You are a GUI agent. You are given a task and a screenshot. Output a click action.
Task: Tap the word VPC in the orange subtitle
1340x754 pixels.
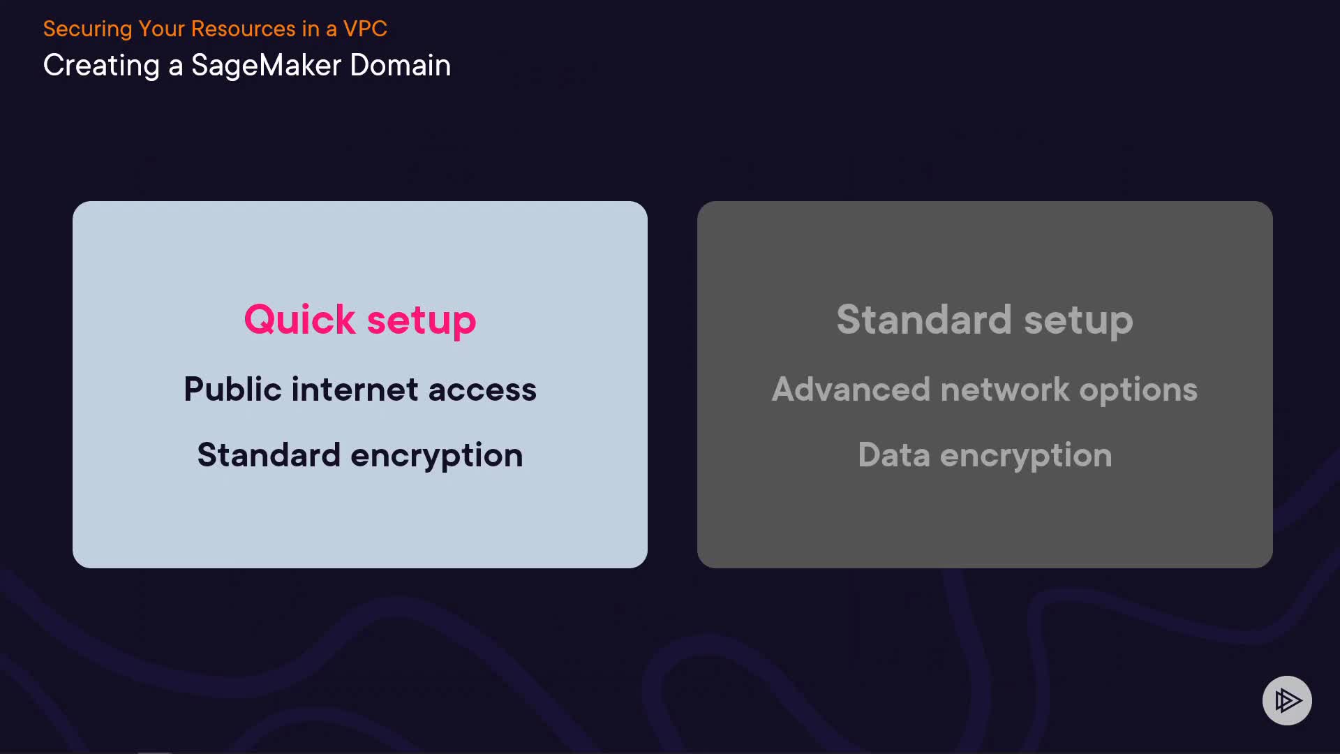pos(365,29)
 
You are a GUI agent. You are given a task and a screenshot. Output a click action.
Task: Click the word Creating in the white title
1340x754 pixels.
pos(101,66)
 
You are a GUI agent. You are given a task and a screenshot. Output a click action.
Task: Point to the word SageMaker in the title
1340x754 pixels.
pos(266,66)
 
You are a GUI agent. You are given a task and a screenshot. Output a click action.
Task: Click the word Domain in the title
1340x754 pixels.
pos(400,66)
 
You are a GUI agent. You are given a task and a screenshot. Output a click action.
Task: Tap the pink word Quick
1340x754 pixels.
pos(299,320)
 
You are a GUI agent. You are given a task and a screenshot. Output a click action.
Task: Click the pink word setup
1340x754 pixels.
pos(421,321)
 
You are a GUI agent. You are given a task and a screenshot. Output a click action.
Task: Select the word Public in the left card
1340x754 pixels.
pos(232,390)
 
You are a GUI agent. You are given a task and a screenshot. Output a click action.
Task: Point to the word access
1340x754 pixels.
pos(482,390)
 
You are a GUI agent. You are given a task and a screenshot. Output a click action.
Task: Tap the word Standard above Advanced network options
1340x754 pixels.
pos(923,320)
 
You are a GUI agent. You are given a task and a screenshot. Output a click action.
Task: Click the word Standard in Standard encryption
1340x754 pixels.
pos(269,455)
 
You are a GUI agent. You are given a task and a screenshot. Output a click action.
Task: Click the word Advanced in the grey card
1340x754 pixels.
pos(851,390)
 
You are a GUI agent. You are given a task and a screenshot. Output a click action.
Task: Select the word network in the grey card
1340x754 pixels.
pos(1004,390)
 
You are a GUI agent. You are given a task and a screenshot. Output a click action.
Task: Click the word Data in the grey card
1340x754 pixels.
pos(893,455)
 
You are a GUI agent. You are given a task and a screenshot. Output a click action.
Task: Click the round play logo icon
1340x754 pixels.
pos(1287,700)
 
